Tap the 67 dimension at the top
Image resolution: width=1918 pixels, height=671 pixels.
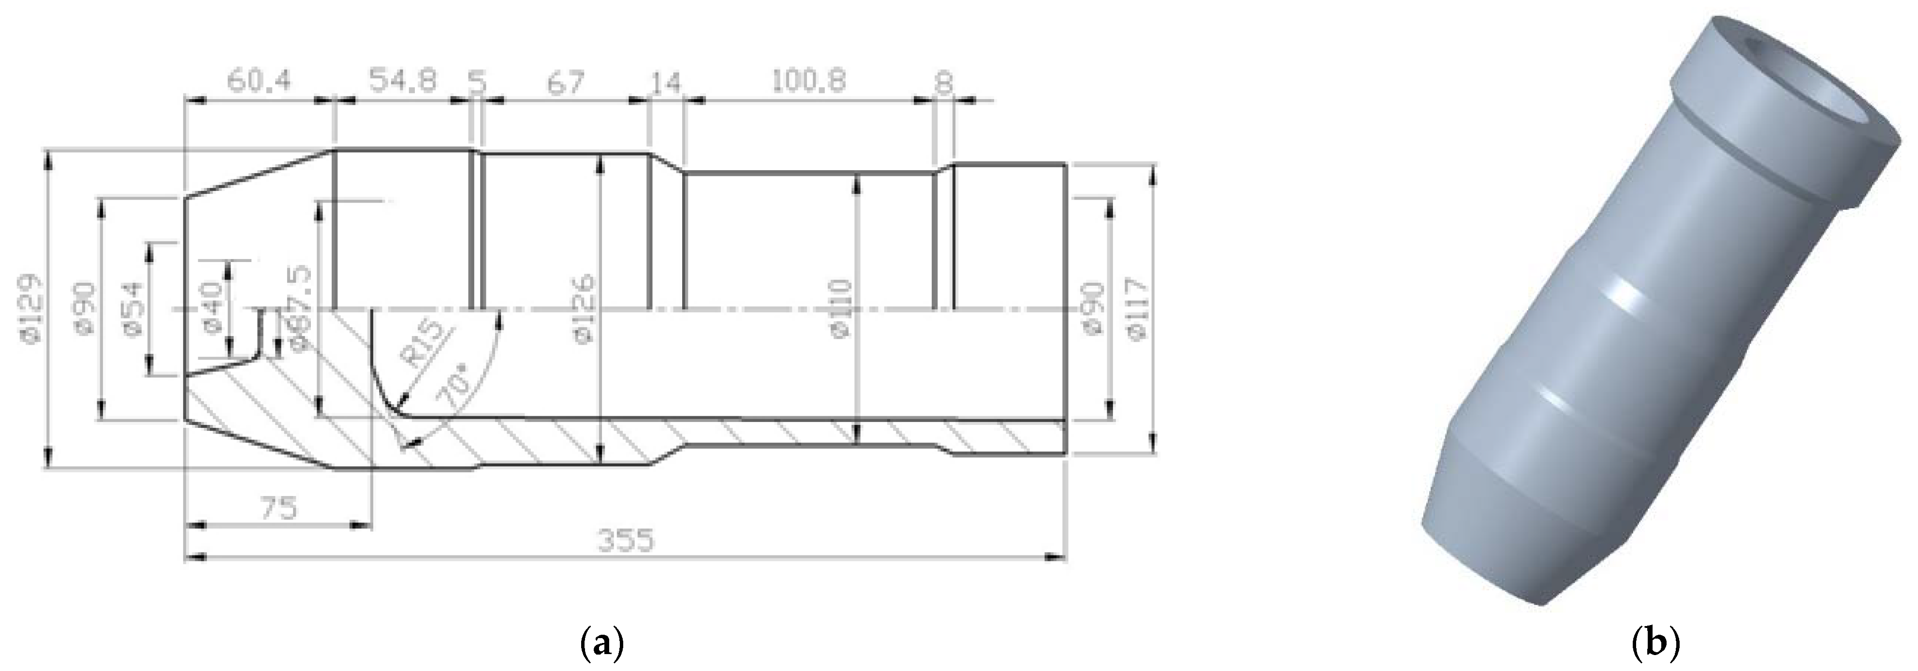565,82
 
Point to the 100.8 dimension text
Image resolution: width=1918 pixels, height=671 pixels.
808,80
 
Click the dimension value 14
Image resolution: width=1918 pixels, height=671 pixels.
666,82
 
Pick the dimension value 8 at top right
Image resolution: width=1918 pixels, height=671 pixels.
943,82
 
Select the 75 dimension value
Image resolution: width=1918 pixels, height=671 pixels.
278,508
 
